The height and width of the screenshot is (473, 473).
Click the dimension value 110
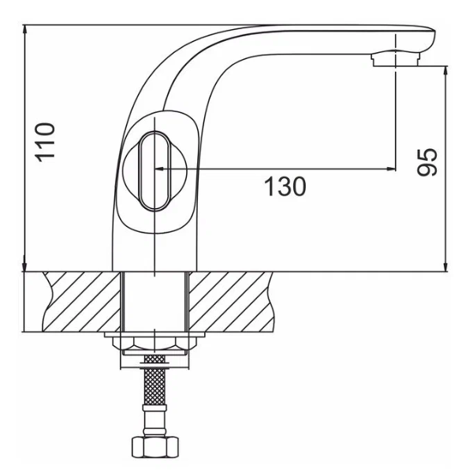(x=45, y=142)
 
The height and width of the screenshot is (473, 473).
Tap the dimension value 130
(x=285, y=186)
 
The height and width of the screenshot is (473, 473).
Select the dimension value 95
(x=426, y=162)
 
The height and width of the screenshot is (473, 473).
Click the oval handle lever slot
(x=155, y=171)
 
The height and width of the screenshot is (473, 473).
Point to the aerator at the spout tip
(x=396, y=59)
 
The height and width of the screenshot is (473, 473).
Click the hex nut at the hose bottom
(x=155, y=446)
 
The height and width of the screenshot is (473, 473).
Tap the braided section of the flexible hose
(x=155, y=386)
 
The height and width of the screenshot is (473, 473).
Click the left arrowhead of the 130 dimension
(x=160, y=169)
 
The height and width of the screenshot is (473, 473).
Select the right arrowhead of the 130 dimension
(x=391, y=169)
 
